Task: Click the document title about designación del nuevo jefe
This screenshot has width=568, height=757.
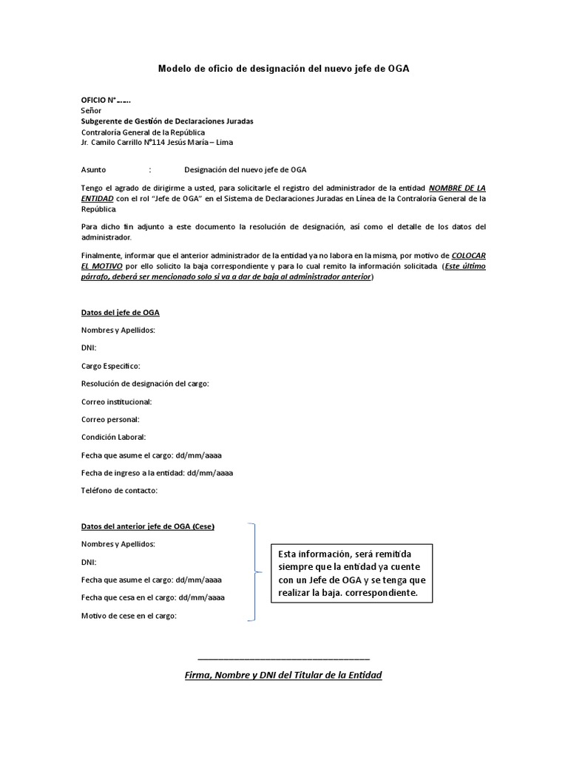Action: (283, 69)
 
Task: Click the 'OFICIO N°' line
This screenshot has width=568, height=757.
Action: (106, 100)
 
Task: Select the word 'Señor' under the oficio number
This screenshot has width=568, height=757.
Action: (91, 110)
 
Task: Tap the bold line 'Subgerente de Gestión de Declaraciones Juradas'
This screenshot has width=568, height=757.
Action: (166, 120)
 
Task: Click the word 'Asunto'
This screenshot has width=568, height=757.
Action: (93, 169)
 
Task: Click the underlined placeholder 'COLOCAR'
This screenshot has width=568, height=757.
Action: (468, 255)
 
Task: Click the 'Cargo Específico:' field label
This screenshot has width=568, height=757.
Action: (110, 366)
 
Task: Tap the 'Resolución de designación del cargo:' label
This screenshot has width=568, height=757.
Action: (145, 384)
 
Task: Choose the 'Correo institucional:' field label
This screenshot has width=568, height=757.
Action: (116, 401)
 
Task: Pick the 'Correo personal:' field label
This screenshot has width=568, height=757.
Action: (110, 419)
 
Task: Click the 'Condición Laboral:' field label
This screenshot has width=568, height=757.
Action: (113, 437)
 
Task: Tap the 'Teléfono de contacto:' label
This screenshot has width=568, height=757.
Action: (119, 490)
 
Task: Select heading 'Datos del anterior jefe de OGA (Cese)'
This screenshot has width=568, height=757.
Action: (148, 526)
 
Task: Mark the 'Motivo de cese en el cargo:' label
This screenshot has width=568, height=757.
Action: (129, 616)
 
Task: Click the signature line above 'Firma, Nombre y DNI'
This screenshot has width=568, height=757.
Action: (283, 658)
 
